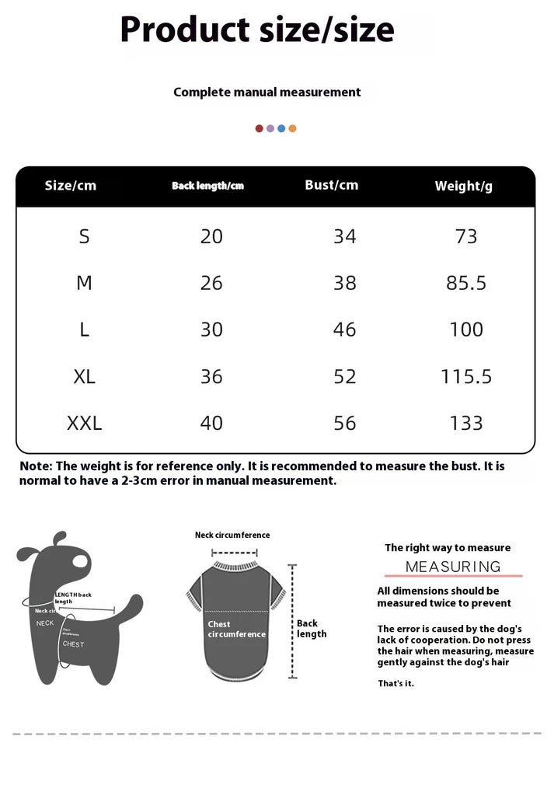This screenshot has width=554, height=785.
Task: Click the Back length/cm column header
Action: pyautogui.click(x=207, y=186)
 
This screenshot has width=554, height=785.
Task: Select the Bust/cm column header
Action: pyautogui.click(x=332, y=185)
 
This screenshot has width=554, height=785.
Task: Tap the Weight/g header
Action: pyautogui.click(x=463, y=186)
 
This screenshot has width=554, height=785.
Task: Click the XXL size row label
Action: pyautogui.click(x=84, y=423)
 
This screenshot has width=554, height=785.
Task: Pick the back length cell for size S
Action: pyautogui.click(x=211, y=236)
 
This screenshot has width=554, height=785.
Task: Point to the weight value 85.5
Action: pyautogui.click(x=466, y=283)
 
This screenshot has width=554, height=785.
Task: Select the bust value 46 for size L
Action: pyautogui.click(x=344, y=330)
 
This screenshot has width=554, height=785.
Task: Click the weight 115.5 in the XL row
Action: pyautogui.click(x=466, y=376)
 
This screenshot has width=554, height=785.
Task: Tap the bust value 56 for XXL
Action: pyautogui.click(x=344, y=423)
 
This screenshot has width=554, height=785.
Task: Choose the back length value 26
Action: pyautogui.click(x=211, y=283)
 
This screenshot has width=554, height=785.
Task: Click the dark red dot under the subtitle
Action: pyautogui.click(x=260, y=128)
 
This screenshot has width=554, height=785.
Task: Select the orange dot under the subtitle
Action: pyautogui.click(x=292, y=128)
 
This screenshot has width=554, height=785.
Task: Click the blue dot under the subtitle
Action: pyautogui.click(x=281, y=128)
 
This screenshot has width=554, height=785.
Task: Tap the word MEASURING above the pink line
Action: pyautogui.click(x=453, y=567)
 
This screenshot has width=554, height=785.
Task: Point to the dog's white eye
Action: pyautogui.click(x=81, y=560)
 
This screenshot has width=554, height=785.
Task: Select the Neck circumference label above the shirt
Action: pyautogui.click(x=232, y=535)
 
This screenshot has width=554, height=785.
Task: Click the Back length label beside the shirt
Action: pyautogui.click(x=312, y=628)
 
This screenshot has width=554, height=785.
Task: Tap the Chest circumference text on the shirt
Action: pyautogui.click(x=236, y=629)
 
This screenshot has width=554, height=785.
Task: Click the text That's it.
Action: pyautogui.click(x=396, y=683)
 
